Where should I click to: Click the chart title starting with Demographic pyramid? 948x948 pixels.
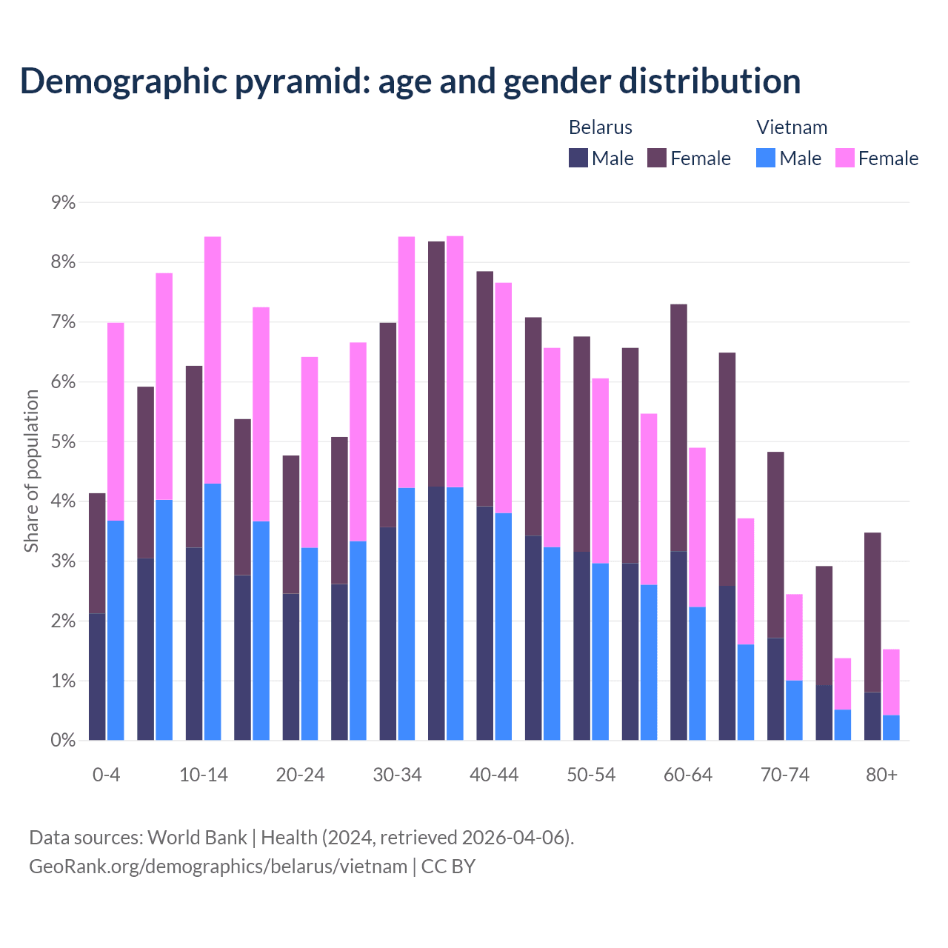coord(410,81)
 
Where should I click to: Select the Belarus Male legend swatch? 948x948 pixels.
coord(578,158)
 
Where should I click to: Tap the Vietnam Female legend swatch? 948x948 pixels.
coord(844,158)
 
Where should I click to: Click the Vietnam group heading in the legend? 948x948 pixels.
coord(791,127)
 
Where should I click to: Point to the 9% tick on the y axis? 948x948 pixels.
coord(64,202)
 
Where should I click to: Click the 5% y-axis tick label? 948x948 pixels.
coord(64,442)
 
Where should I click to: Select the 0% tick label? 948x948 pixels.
coord(64,740)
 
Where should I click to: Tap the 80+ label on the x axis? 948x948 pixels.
coord(881,775)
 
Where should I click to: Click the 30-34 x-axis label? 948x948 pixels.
coord(397,775)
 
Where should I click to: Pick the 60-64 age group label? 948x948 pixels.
coord(688,775)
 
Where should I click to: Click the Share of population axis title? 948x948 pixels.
coord(32,471)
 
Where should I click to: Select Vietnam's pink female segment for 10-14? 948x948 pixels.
coord(213,360)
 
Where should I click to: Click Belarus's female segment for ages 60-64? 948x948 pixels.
coord(678,427)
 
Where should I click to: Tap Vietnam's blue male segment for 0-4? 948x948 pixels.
coord(116,630)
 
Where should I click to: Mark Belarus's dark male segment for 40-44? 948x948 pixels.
coord(485,623)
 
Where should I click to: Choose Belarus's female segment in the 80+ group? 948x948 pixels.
coord(872,612)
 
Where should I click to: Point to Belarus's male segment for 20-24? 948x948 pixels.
coord(291,667)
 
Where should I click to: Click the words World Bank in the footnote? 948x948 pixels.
coord(197,838)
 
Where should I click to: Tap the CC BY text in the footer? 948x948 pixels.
coord(448,867)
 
